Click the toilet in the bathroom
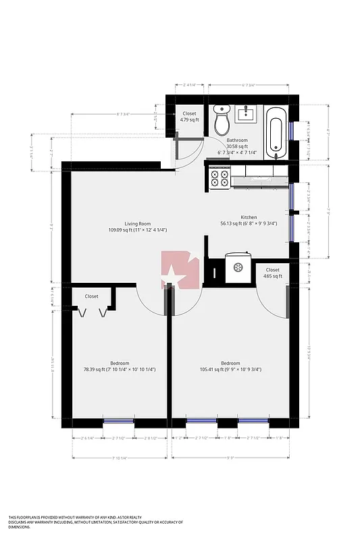221,121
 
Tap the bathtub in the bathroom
276,132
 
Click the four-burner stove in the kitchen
220,178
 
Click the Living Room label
137,227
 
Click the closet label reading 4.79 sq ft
190,117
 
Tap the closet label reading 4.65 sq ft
272,273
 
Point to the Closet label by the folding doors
91,296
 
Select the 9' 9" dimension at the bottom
230,458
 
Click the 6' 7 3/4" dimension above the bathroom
249,85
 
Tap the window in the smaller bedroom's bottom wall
118,423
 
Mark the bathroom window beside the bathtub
292,130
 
